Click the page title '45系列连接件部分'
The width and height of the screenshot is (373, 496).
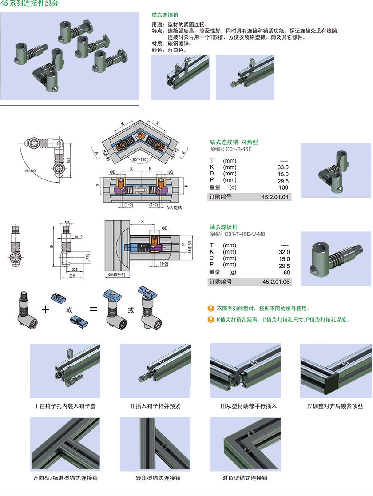pyautogui.click(x=29, y=4)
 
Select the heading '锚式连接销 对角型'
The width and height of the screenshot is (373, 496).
pyautogui.click(x=234, y=143)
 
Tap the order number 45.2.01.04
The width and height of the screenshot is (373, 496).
pyautogui.click(x=276, y=197)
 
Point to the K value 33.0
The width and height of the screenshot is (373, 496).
pyautogui.click(x=283, y=167)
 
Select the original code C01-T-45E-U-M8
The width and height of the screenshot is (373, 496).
pyautogui.click(x=238, y=234)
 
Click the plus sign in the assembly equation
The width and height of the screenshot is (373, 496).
pyautogui.click(x=45, y=309)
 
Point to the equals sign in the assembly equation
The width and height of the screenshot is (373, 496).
pyautogui.click(x=93, y=309)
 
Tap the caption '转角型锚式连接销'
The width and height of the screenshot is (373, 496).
pyautogui.click(x=158, y=478)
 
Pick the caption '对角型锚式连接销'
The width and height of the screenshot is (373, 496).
pyautogui.click(x=245, y=478)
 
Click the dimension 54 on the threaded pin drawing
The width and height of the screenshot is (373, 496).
pyautogui.click(x=52, y=246)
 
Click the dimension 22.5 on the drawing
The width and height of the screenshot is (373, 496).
pyautogui.click(x=75, y=269)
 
